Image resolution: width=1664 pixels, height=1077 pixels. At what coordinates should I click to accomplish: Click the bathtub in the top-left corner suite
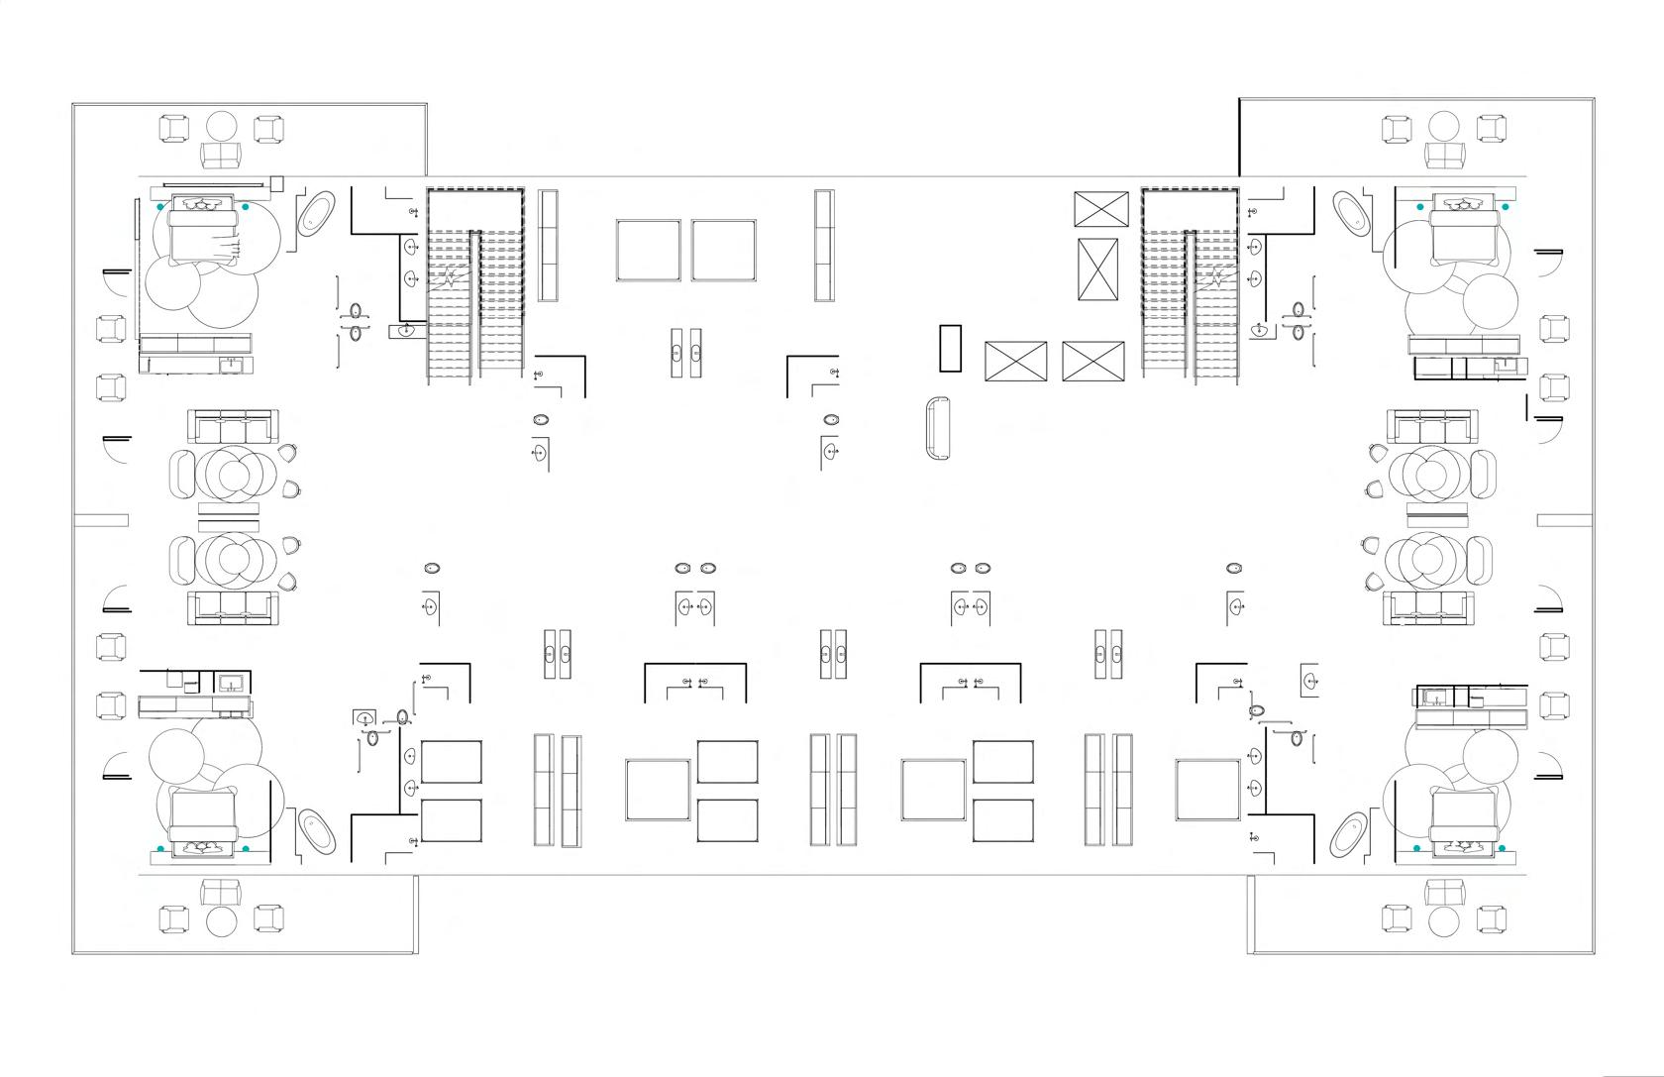point(317,213)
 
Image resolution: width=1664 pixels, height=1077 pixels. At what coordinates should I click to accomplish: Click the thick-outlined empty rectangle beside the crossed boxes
point(951,348)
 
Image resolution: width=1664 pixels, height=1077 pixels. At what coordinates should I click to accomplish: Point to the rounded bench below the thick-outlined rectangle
point(937,427)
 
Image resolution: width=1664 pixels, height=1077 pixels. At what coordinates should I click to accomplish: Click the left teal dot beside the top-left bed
point(160,207)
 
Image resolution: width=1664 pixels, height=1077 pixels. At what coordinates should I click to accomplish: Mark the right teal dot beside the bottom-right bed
point(1502,848)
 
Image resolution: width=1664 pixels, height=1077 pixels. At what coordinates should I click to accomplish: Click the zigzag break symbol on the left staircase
point(452,276)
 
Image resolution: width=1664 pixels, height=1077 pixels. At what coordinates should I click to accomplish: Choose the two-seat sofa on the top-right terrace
point(1444,155)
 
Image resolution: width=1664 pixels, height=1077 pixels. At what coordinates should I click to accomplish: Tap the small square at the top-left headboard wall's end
point(276,182)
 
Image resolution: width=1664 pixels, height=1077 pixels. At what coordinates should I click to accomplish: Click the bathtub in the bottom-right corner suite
point(1346,833)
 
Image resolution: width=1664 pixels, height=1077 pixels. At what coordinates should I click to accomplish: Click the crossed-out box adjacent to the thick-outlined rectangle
point(1015,361)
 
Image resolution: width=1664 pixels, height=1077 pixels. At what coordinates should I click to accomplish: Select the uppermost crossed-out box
point(1100,209)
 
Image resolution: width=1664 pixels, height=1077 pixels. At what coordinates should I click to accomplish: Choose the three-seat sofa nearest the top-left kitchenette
point(233,428)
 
